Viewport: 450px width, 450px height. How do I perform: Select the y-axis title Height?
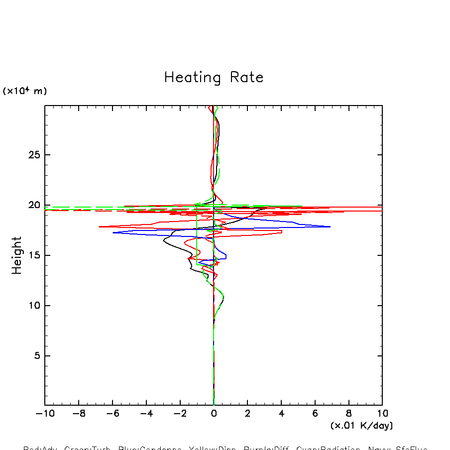coord(17,255)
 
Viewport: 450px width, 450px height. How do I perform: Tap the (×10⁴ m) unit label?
coord(25,91)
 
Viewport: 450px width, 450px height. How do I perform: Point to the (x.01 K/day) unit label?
coord(361,426)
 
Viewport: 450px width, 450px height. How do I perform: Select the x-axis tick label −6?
coord(112,414)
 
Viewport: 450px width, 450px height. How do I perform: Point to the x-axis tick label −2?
coord(180,414)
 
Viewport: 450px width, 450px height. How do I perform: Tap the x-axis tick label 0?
coord(214,414)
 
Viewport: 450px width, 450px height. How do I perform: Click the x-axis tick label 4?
coord(281,414)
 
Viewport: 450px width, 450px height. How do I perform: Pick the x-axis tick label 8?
coord(348,414)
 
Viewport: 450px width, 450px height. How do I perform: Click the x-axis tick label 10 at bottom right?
coord(382,414)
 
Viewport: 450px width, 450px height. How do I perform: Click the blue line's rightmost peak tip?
coord(330,226)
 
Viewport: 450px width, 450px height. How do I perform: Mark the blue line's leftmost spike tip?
coord(113,232)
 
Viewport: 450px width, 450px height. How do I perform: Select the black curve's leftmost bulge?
coord(164,242)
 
